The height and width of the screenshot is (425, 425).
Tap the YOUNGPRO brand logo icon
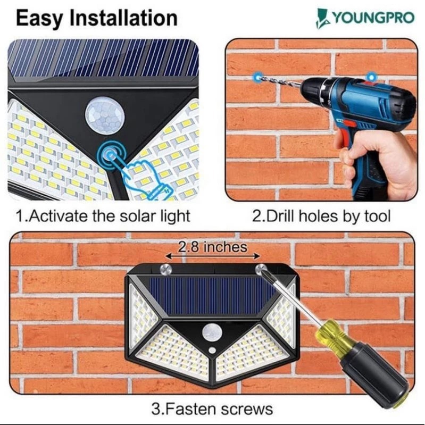(x=323, y=19)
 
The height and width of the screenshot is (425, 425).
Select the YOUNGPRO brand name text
(x=373, y=18)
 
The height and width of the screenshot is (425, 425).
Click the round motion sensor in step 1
(x=105, y=115)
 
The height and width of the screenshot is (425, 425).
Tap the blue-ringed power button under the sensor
(x=111, y=155)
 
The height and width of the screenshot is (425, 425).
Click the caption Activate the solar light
(x=103, y=216)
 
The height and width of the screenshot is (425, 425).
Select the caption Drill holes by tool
(x=321, y=216)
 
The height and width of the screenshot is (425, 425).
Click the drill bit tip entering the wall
(x=259, y=78)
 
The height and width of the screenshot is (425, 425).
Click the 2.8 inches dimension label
(x=213, y=247)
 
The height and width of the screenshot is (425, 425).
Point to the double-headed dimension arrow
(x=213, y=256)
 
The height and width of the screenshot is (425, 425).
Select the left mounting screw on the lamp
(x=166, y=270)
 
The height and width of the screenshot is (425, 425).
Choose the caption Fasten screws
(x=212, y=409)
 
